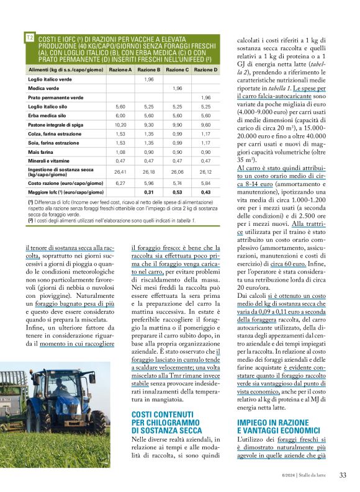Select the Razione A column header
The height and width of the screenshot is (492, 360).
point(120,70)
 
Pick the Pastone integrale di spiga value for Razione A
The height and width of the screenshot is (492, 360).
point(120,125)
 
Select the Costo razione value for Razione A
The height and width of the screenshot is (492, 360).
point(120,183)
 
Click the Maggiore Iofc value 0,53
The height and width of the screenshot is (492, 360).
point(178,192)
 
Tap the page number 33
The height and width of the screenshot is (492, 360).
point(343,476)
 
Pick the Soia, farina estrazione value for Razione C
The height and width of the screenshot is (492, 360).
point(178,143)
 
